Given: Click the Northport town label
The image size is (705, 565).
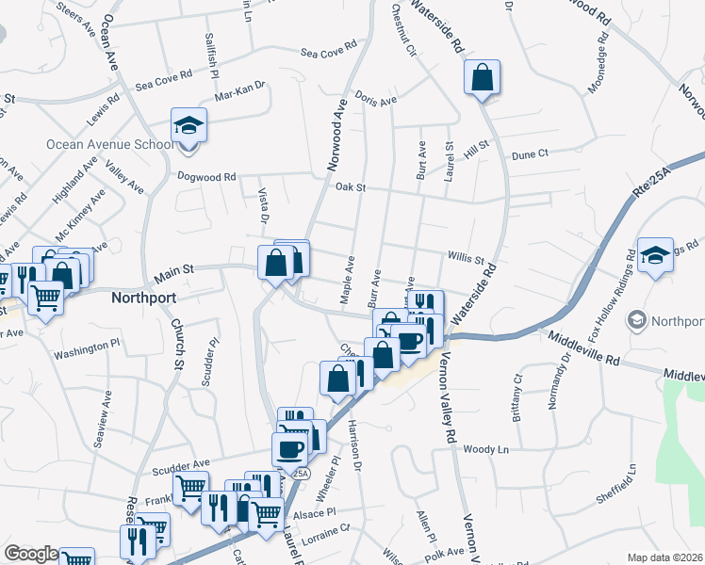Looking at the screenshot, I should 144,296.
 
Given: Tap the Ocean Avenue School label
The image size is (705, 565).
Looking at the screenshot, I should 110,144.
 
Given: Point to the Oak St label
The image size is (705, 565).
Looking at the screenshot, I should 350,188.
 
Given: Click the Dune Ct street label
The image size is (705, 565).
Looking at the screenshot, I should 530,154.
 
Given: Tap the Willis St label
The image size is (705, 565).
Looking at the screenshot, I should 466,258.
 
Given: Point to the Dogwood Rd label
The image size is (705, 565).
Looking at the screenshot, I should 206,176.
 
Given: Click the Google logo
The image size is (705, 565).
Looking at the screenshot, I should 30,554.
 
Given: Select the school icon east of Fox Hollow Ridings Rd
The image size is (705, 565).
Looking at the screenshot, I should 655,255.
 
